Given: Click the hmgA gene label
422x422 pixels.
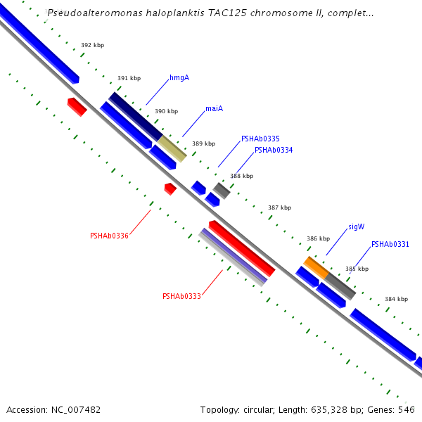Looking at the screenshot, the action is pos(179,78).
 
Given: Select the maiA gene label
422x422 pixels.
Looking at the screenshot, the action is pos(214,109).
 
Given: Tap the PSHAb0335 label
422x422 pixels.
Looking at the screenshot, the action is pos(260,139).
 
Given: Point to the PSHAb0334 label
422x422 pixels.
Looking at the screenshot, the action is pos(274,150).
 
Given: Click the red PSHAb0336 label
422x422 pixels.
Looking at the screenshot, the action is pos(109,236).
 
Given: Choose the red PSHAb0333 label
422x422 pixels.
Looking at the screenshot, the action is pos(181,296).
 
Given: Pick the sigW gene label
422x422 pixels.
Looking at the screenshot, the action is pos(357,227).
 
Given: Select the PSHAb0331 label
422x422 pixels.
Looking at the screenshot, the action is pos(390,244).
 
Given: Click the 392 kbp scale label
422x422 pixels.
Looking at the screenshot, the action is pos(92,45).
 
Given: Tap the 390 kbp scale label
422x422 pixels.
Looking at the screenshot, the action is pos(166,111).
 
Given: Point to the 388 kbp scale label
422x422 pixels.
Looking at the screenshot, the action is pos(241,176).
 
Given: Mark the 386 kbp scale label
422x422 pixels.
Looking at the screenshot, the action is pos(318,238).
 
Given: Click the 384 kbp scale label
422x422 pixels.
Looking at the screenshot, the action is pos(396,299).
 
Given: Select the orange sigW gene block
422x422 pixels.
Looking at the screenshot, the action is pos(316,267).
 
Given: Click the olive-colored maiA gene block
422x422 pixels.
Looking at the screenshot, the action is pos(172,148).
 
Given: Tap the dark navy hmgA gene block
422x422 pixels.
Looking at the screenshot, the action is pos(136,116).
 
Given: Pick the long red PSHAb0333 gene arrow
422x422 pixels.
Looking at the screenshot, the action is pos(242,248).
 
